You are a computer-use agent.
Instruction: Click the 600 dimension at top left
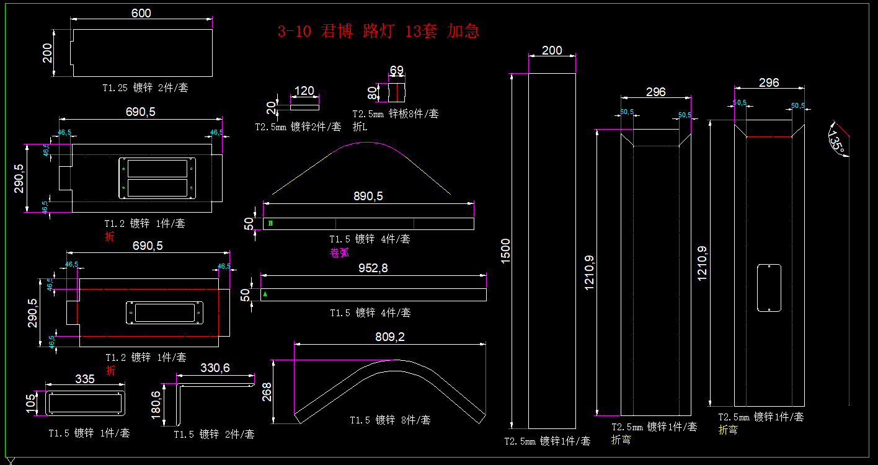pos(141,13)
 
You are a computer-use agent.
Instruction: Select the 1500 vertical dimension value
pos(506,251)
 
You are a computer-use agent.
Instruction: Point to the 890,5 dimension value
pos(368,196)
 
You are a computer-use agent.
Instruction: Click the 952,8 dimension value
pos(373,268)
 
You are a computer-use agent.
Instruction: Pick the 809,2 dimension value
pos(390,337)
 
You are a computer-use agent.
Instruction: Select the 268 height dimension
pos(267,392)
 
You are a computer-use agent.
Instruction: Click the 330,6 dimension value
pos(215,368)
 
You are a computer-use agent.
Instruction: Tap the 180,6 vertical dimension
pos(156,404)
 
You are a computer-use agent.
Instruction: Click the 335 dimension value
pos(85,379)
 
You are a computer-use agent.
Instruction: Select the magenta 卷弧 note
pos(339,252)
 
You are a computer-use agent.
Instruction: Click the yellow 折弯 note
pos(728,430)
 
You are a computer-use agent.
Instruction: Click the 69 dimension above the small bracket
pos(397,69)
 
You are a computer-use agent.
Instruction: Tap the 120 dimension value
pos(304,91)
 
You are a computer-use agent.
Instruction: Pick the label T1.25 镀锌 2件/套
pos(145,88)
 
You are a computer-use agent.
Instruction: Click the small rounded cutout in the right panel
pos(769,288)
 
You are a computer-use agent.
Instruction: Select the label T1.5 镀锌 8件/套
pos(390,420)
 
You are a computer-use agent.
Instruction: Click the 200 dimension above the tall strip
pos(552,51)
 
